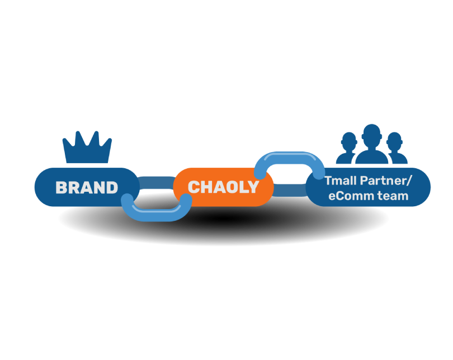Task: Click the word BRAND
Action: (x=87, y=188)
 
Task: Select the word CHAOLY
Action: (x=223, y=187)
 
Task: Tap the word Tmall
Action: (x=341, y=181)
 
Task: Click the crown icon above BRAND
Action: (x=87, y=147)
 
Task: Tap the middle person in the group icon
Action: (x=371, y=144)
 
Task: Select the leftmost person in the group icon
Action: (x=347, y=148)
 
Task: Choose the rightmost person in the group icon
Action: (x=397, y=148)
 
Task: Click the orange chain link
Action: (x=223, y=187)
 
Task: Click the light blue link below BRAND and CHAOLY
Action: (x=156, y=214)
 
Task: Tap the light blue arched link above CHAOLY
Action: (x=290, y=158)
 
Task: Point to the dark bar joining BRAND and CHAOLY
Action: (x=156, y=183)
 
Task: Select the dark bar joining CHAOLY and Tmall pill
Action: (x=290, y=191)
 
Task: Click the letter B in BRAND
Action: (x=62, y=188)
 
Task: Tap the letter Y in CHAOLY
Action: (x=253, y=187)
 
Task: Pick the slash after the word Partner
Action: (x=408, y=181)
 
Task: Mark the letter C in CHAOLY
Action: (x=194, y=187)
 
